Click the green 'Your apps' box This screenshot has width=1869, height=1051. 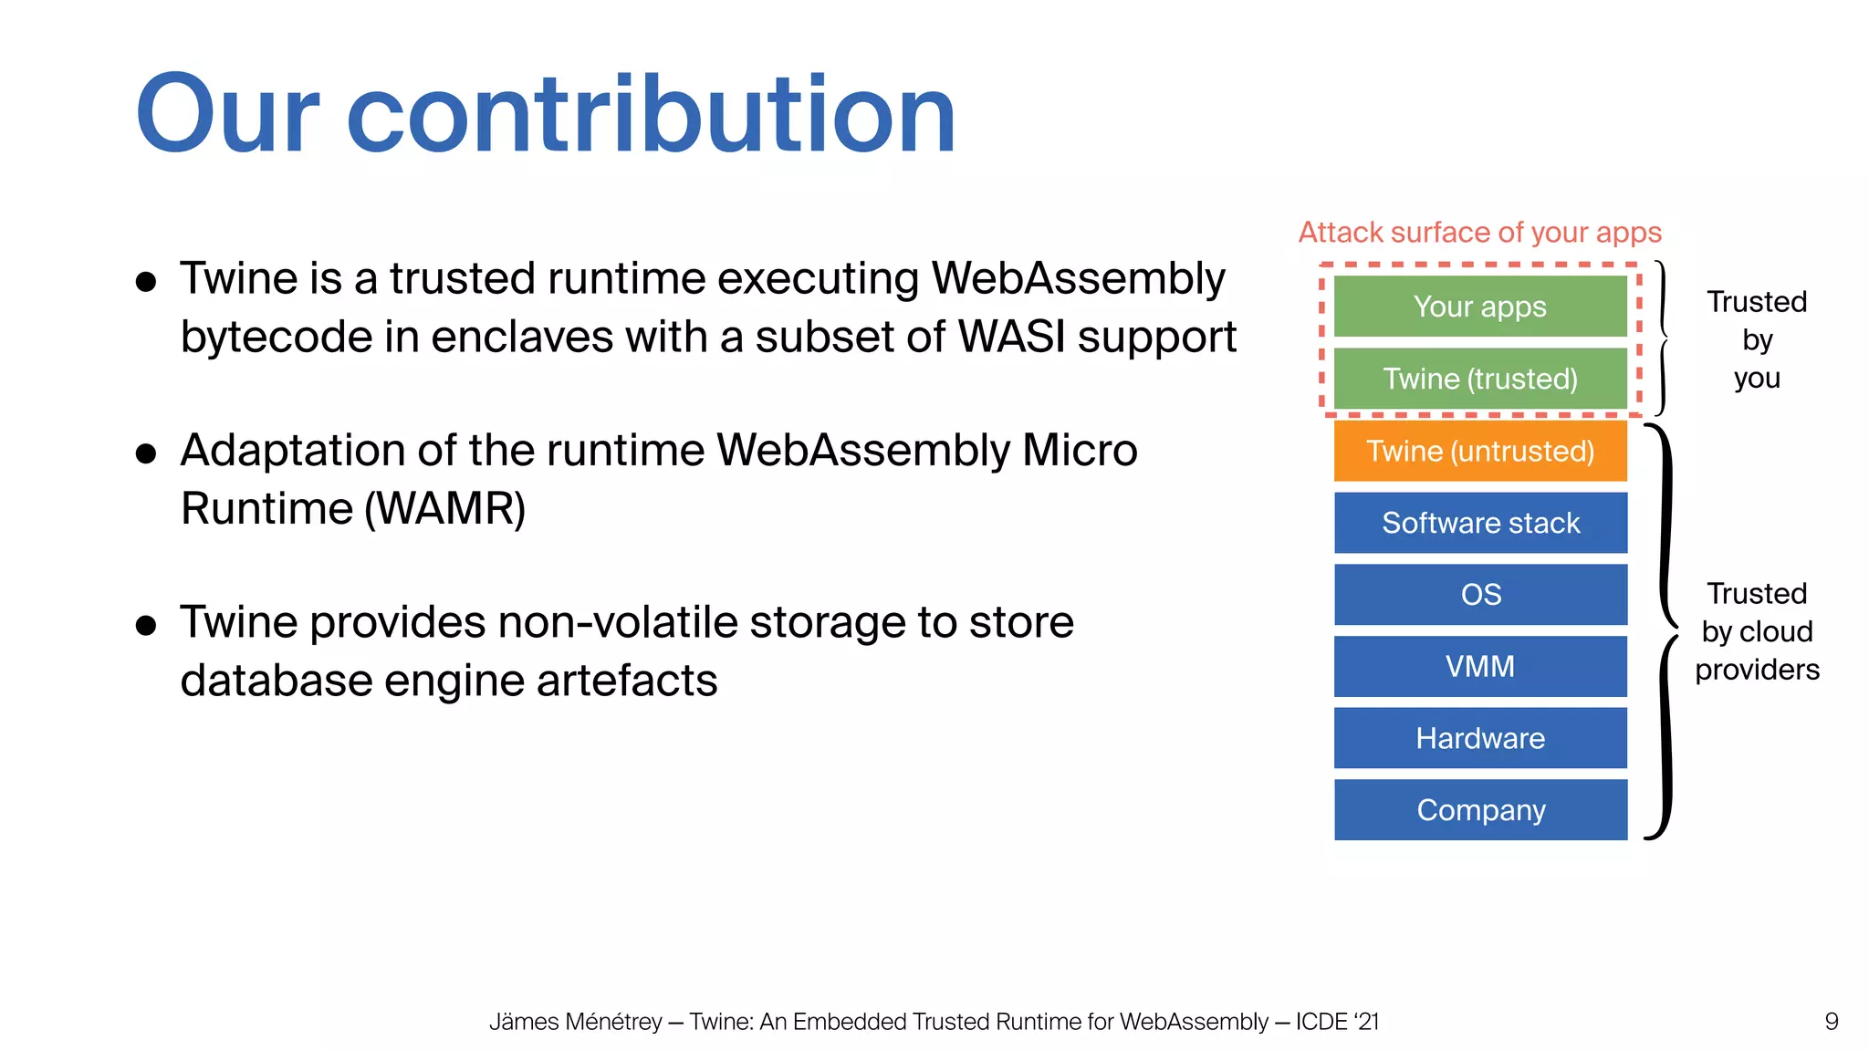point(1479,307)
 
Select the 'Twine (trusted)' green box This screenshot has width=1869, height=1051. point(1479,378)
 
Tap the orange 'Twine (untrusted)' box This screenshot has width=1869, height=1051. point(1479,451)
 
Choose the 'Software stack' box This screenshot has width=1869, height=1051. point(1479,523)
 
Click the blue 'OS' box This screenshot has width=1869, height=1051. point(1479,595)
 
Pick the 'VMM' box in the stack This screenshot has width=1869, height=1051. point(1479,666)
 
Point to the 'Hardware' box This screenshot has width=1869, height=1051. point(1479,738)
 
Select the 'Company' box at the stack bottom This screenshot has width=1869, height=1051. point(1479,810)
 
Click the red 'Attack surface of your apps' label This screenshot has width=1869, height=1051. point(1479,233)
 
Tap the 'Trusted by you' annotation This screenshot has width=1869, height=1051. point(1756,339)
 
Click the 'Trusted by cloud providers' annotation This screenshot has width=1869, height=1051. point(1756,631)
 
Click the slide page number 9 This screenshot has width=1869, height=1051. point(1831,1022)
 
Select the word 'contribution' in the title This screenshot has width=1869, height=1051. point(650,116)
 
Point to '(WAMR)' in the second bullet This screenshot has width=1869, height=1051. point(444,509)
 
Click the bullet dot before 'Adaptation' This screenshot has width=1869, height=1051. point(146,453)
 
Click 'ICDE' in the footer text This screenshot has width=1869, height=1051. point(1321,1022)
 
